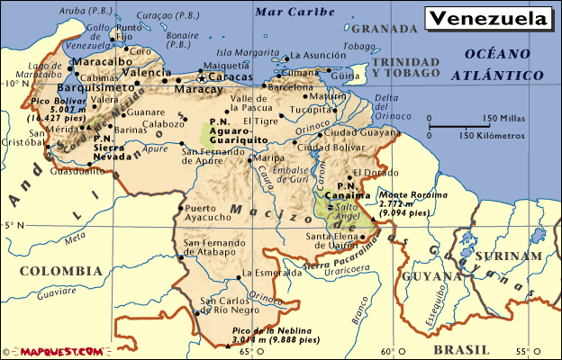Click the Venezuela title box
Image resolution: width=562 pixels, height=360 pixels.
489,19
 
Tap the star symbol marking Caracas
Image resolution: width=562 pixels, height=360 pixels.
203,78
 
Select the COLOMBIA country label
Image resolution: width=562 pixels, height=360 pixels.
61,270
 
